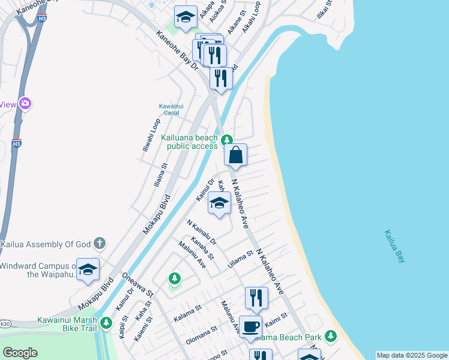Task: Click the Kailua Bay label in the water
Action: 395,246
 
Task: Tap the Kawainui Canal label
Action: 171,109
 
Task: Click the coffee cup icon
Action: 250,326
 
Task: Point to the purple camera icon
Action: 25,103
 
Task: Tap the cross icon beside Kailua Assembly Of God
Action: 100,244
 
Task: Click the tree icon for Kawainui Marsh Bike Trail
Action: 106,323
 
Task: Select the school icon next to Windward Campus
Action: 88,269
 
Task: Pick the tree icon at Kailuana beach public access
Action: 226,140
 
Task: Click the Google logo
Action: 20,352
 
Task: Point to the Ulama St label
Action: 241,260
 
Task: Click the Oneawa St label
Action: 138,285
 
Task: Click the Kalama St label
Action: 187,311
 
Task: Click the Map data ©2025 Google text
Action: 412,355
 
